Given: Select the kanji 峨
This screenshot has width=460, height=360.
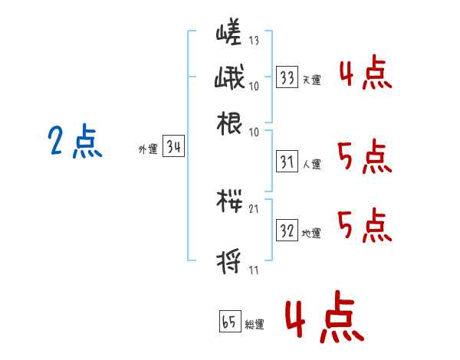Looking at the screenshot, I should tap(229, 78).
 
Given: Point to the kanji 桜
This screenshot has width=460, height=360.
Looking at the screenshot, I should tap(229, 203).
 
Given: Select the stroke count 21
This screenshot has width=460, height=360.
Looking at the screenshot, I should tap(254, 209).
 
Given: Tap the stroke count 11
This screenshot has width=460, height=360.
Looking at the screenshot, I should tap(254, 270).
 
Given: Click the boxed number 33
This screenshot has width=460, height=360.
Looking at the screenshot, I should tap(287, 77).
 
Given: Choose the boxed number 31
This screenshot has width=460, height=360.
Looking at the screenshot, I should tap(287, 162).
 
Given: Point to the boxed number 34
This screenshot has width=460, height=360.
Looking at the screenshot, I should tap(174, 148).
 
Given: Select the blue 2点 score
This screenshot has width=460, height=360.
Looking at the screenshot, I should tap(74, 142).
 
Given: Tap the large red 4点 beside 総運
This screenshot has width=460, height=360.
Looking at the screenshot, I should tap(322, 319).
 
